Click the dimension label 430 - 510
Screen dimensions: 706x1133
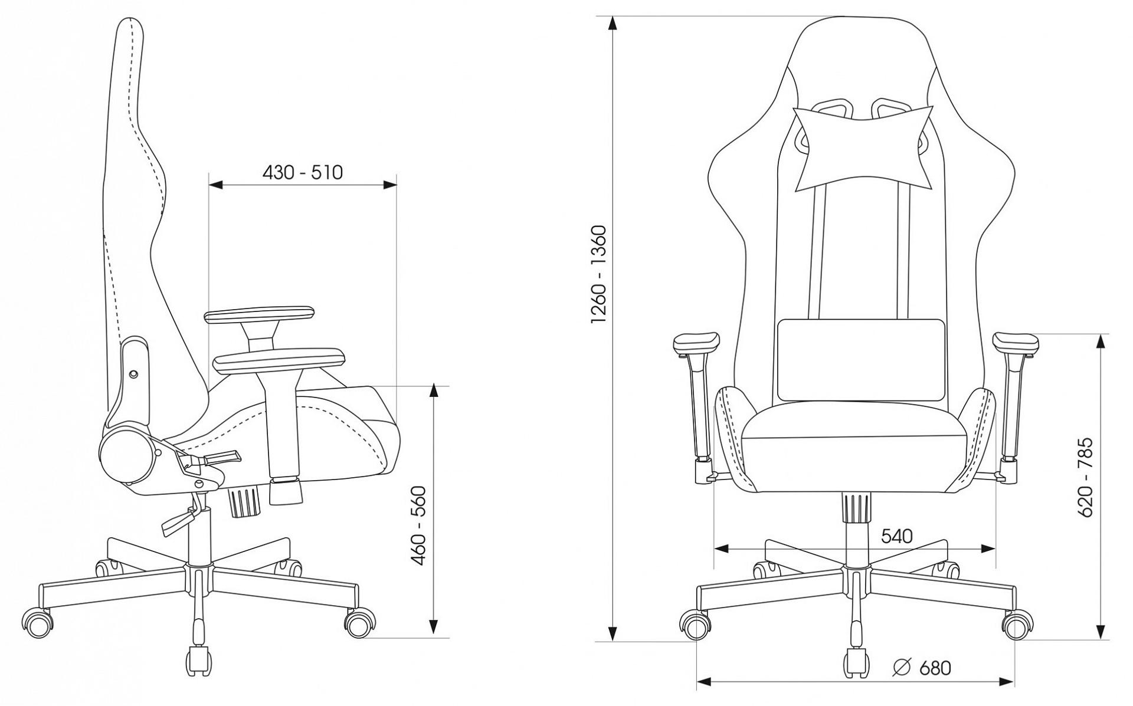click(302, 172)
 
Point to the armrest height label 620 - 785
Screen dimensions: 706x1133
click(1085, 477)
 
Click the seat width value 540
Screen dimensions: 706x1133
click(896, 536)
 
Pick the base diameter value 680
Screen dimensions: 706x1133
click(935, 668)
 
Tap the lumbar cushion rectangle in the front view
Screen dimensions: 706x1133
click(862, 360)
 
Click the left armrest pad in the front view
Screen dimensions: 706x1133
click(696, 343)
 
